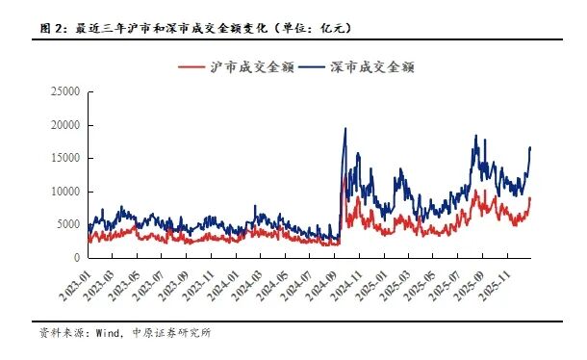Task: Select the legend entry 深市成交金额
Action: pos(365,67)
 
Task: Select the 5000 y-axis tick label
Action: pos(66,224)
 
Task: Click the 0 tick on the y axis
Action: pos(75,258)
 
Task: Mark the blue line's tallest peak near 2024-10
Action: pos(345,129)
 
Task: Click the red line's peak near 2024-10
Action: pos(345,174)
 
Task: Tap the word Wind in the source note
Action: pos(107,334)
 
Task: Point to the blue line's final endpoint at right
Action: pos(530,147)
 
